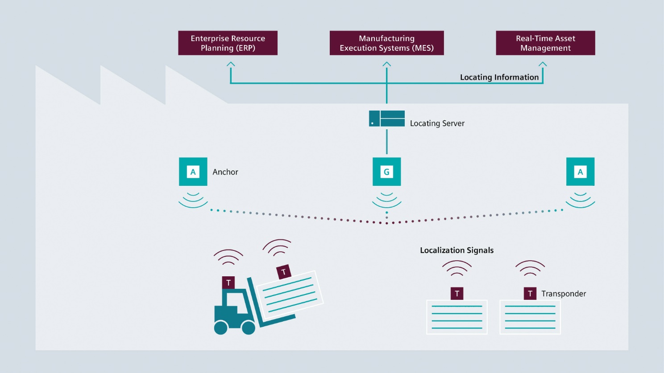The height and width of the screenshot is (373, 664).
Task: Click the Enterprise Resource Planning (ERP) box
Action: click(228, 43)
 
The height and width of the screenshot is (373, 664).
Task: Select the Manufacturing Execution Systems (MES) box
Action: click(386, 43)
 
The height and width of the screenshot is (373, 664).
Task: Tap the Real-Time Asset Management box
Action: click(545, 43)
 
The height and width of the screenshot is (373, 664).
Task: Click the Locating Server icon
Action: click(387, 119)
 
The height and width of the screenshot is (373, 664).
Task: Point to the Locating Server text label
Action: click(437, 123)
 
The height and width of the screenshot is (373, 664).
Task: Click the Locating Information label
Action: click(499, 77)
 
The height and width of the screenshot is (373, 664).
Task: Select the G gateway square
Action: click(387, 172)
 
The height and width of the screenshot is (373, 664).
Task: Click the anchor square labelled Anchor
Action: click(193, 172)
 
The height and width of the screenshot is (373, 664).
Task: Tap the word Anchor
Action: click(225, 172)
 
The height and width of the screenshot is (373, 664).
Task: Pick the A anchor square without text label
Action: click(580, 172)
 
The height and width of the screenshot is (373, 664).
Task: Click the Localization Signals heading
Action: click(456, 250)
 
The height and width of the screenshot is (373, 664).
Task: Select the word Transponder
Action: click(564, 294)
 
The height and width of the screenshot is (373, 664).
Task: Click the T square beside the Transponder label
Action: click(530, 294)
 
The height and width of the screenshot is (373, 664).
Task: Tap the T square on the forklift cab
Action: click(228, 283)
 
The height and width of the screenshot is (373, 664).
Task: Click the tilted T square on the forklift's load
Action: click(284, 272)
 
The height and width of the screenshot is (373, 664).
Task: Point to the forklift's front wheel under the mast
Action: click(248, 328)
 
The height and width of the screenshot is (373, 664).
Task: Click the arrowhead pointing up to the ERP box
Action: click(231, 65)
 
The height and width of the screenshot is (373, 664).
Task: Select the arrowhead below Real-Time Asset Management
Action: click(543, 65)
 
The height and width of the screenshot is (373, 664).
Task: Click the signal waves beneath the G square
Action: click(387, 200)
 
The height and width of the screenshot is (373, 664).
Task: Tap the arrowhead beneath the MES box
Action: click(387, 65)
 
